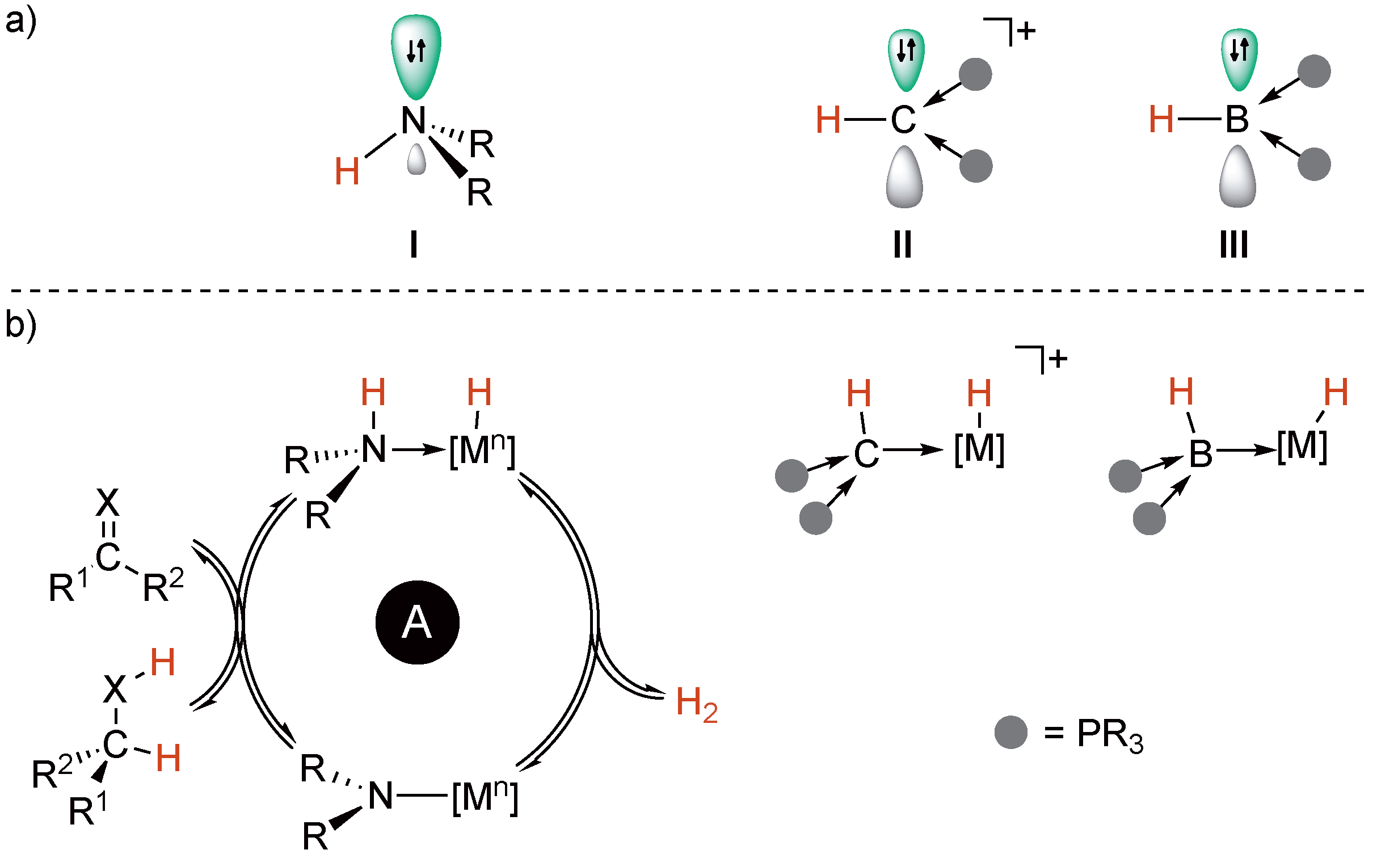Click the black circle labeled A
pos(417,622)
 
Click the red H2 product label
pos(696,704)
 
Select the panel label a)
pos(20,23)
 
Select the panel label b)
pos(20,325)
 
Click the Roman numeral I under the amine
pos(414,245)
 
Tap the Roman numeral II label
pos(903,245)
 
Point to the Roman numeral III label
pos(1234,245)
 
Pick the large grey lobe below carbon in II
pos(904,177)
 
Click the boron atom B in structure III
pos(1237,120)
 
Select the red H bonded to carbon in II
pos(828,120)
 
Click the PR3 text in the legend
pos(1110,735)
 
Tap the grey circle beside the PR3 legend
pos(1010,732)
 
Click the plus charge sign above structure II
pos(1026,31)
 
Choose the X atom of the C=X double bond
pos(108,503)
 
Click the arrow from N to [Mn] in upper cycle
pos(419,449)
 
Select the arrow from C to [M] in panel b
pos(913,450)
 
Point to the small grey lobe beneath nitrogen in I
pos(416,159)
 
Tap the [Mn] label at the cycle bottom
pos(485,797)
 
